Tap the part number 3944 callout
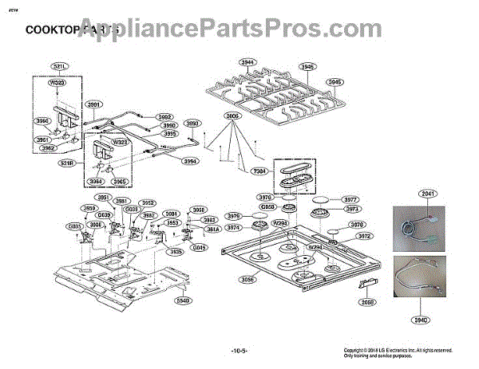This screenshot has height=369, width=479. pyautogui.click(x=247, y=61)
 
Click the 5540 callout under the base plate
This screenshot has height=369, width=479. pyautogui.click(x=183, y=300)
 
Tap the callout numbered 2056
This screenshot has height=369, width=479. pyautogui.click(x=367, y=303)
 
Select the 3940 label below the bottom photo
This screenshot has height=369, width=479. pyautogui.click(x=422, y=320)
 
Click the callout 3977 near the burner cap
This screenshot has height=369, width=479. pyautogui.click(x=351, y=200)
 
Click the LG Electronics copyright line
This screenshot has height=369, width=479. pyautogui.click(x=397, y=350)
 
